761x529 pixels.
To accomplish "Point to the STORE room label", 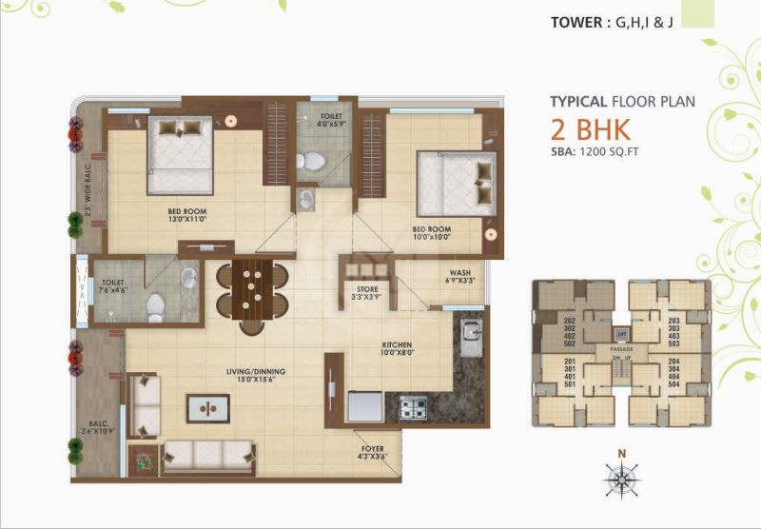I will [367, 289].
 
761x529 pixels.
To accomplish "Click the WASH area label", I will [459, 272].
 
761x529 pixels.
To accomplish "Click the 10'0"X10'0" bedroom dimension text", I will [431, 239].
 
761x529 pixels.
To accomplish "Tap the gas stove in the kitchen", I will [412, 408].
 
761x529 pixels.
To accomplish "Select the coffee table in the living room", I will [208, 408].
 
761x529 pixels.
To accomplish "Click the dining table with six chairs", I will [253, 288].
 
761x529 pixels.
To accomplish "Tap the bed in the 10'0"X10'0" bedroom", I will [456, 183].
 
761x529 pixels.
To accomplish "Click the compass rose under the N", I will [621, 480].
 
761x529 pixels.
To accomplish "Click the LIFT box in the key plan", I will [620, 334].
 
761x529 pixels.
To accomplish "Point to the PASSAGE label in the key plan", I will [621, 349].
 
